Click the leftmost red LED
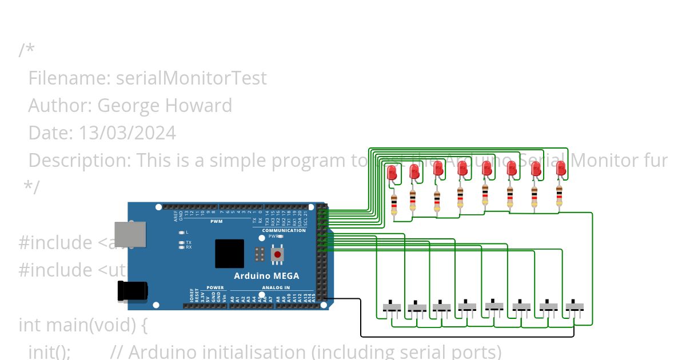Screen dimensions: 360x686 tap(392, 172)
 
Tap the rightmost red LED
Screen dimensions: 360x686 tap(561, 168)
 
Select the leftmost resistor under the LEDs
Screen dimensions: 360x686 tap(394, 204)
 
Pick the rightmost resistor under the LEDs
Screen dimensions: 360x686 tap(559, 195)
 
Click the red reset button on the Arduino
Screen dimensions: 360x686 tap(278, 254)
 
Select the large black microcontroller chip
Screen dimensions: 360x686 tap(229, 254)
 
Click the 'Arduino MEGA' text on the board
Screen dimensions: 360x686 tap(266, 276)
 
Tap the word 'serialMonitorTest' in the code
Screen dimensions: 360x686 tap(191, 78)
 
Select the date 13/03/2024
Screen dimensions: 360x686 tap(127, 133)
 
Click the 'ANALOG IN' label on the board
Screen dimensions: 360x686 tap(276, 287)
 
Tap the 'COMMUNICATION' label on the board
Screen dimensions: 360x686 tap(284, 230)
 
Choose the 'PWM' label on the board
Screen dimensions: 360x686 tap(217, 221)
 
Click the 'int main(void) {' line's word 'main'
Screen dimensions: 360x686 tap(67, 325)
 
